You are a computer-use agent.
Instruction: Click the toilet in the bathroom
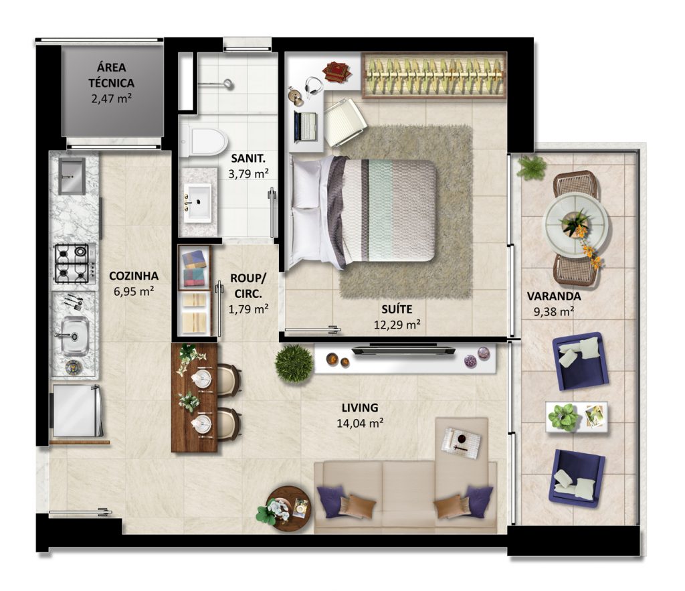[x=203, y=142]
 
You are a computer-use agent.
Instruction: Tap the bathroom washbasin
[x=197, y=202]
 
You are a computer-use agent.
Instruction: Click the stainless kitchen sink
[x=75, y=336]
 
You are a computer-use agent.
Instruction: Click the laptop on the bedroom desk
[x=305, y=126]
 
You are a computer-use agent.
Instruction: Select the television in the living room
[x=404, y=349]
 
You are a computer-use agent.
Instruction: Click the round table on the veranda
[x=575, y=226]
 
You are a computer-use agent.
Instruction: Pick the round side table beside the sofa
[x=288, y=509]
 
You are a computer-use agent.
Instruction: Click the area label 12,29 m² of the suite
[x=397, y=325]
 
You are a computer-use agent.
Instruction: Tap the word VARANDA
[x=553, y=296]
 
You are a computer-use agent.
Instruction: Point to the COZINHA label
[x=134, y=276]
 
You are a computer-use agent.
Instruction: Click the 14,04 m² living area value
[x=360, y=423]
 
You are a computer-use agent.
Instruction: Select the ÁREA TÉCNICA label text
[x=112, y=75]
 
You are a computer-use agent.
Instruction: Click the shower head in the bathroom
[x=227, y=84]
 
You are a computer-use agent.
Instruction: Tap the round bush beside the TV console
[x=294, y=363]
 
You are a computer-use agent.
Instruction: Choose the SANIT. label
[x=248, y=158]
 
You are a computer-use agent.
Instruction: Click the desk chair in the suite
[x=345, y=122]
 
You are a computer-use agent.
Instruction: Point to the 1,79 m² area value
[x=248, y=309]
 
